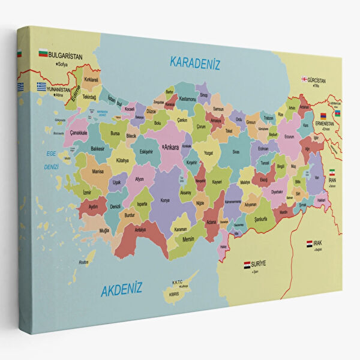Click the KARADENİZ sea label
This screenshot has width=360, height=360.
[x=196, y=62]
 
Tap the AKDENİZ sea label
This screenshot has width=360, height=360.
[x=122, y=290]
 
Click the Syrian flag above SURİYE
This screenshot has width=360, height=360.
[x=247, y=264]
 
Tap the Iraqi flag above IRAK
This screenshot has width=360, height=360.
[x=310, y=244]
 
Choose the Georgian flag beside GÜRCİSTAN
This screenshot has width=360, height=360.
[x=304, y=79]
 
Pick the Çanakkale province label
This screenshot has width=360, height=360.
[x=79, y=133]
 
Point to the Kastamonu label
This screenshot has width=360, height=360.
[x=188, y=98]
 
